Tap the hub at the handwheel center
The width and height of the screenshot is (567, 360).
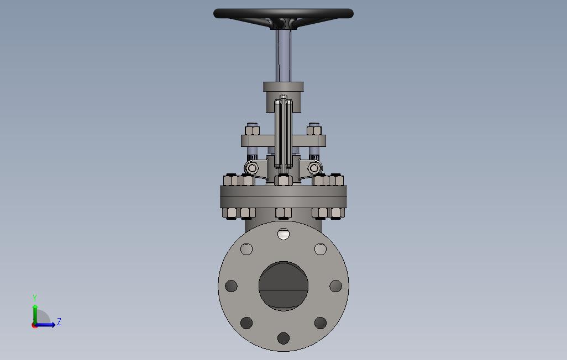click(x=283, y=24)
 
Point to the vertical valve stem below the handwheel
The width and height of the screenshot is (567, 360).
click(x=283, y=55)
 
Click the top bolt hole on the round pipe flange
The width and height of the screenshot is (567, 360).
click(x=283, y=234)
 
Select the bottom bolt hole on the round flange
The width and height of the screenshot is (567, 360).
click(x=283, y=338)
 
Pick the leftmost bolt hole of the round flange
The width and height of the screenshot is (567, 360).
click(x=231, y=286)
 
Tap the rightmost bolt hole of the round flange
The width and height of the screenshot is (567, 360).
click(x=335, y=286)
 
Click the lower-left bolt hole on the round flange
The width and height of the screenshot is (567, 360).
click(x=246, y=323)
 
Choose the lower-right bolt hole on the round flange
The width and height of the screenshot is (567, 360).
click(x=321, y=323)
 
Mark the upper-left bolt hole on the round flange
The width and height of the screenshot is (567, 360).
click(x=246, y=249)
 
